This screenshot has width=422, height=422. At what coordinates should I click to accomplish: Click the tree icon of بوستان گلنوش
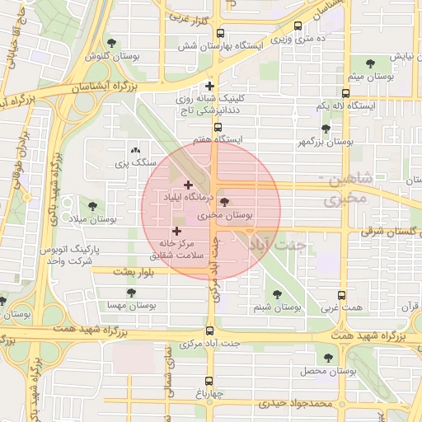point(112,43)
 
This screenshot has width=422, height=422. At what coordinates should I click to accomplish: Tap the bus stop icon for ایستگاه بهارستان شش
point(219,34)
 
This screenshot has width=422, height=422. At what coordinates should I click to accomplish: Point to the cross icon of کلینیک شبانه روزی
point(210,85)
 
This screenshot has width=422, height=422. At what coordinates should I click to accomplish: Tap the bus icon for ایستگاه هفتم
point(218,127)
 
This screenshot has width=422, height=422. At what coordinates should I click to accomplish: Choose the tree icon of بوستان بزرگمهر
point(326,129)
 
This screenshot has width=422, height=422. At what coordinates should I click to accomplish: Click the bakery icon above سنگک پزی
point(135,151)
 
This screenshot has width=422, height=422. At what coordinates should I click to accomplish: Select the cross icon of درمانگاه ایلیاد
point(188,185)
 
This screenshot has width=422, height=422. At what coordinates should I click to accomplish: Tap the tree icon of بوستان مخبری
point(226,202)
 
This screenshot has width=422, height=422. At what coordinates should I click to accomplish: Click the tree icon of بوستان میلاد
point(91,205)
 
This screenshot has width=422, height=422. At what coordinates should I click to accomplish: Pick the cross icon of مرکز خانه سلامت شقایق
point(176,232)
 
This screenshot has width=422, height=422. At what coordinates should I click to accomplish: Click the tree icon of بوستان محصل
point(329,358)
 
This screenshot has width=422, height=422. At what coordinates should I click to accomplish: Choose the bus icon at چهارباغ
point(209,382)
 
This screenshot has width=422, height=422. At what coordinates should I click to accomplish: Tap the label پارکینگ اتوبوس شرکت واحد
point(93,254)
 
